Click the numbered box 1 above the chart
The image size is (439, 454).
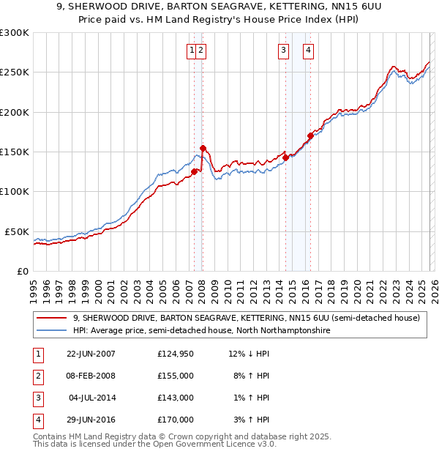point(192,51)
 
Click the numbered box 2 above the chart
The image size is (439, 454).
point(200,51)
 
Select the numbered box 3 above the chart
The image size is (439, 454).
point(282,51)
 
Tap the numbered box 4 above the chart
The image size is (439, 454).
point(309,51)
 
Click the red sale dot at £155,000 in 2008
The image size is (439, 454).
point(203,148)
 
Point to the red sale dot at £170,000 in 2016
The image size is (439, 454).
point(311,135)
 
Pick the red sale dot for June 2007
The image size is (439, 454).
point(194,171)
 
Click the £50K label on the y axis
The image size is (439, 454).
point(16,231)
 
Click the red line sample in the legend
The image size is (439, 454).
point(52,319)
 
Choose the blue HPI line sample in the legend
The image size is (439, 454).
point(52,331)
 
